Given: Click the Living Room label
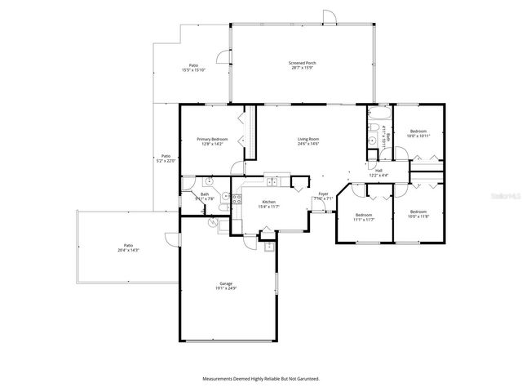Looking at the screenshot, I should (307, 140).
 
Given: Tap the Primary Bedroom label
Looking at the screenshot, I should (212, 140).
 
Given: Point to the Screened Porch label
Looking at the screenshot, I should (302, 63).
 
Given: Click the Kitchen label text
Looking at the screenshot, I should (268, 202).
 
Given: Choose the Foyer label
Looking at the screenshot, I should (323, 194).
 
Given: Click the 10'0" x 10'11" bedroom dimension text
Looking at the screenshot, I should (418, 136).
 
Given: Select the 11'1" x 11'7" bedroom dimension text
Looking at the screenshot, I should (364, 220).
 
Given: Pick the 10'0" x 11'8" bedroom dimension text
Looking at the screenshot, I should (418, 216).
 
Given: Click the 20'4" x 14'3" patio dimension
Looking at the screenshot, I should (128, 249).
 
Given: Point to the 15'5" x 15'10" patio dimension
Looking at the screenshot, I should (193, 70).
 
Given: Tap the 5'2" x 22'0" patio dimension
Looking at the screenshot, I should (166, 161).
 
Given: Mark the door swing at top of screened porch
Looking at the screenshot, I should (328, 17).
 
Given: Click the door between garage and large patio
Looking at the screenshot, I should (169, 239).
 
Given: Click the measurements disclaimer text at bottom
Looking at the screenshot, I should (261, 379).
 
